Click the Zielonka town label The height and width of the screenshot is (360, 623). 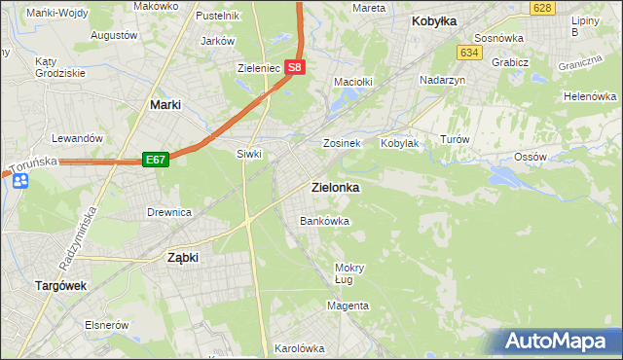pos(334,187)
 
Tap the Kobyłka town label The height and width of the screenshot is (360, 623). pos(434,20)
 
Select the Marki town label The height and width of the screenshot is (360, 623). pos(168,104)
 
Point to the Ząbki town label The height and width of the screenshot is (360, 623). pos(183,258)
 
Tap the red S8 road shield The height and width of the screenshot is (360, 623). pos(297,69)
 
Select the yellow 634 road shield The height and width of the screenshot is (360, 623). pos(470,52)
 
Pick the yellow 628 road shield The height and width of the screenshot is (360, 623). pos(542,8)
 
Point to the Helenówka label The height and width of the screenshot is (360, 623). pos(590,97)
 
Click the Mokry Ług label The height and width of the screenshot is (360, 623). pos(348,273)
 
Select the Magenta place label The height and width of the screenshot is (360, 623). pos(348,306)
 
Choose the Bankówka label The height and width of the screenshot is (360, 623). pos(324,221)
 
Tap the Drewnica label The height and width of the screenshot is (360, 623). pos(168,212)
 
